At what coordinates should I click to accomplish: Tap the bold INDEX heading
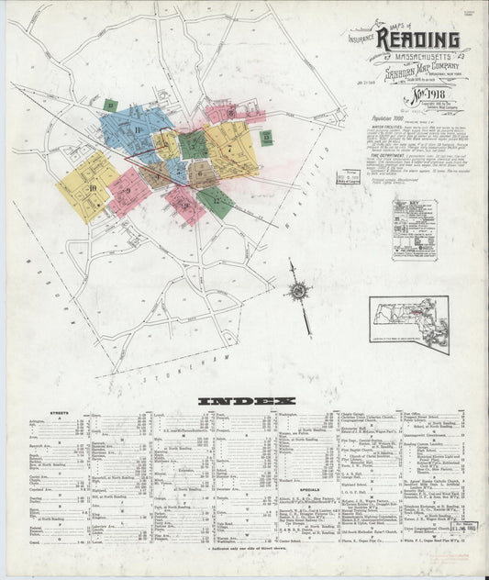point(245,402)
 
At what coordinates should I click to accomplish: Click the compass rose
point(298,292)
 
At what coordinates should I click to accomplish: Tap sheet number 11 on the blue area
point(139,129)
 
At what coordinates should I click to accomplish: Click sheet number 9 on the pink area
point(129,190)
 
